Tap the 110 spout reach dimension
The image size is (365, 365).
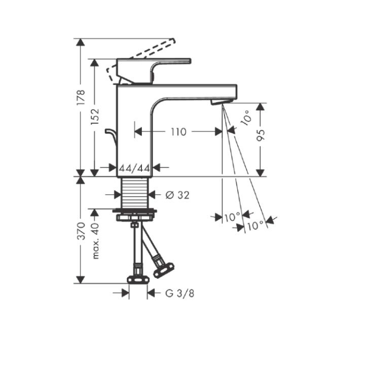[x=178, y=132]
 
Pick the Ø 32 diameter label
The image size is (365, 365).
[x=177, y=195]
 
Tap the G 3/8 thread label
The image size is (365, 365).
[x=180, y=293]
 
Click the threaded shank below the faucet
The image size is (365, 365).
[x=134, y=192]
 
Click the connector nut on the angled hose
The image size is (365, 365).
[x=164, y=267]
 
